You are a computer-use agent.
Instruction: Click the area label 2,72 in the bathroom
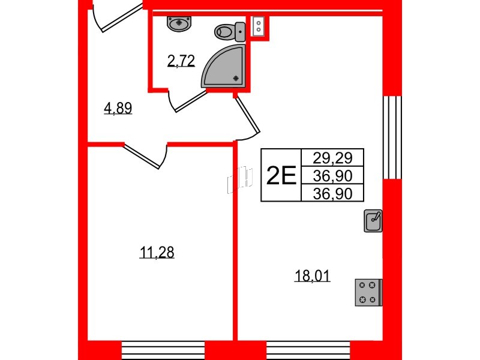point(181,61)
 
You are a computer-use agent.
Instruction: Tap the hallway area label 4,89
point(118,108)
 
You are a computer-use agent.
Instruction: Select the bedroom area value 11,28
point(157,253)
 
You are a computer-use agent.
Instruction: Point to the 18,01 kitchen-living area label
point(312,276)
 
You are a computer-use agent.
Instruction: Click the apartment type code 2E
point(281,175)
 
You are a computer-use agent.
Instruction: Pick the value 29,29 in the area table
point(332,158)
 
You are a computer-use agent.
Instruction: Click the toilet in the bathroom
point(230,32)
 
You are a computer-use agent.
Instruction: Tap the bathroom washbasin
point(179,24)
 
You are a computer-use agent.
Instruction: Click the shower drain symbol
point(236,79)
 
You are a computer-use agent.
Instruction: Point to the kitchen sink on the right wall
point(373,221)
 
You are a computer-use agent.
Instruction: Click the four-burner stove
point(368,292)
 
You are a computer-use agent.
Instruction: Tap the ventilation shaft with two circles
point(259,26)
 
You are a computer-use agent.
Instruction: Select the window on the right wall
point(392,137)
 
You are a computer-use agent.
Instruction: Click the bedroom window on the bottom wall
point(163,350)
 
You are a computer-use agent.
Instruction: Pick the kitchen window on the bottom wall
point(308,350)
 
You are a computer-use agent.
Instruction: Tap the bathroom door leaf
point(190,101)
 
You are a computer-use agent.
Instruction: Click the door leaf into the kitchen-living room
point(247,113)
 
